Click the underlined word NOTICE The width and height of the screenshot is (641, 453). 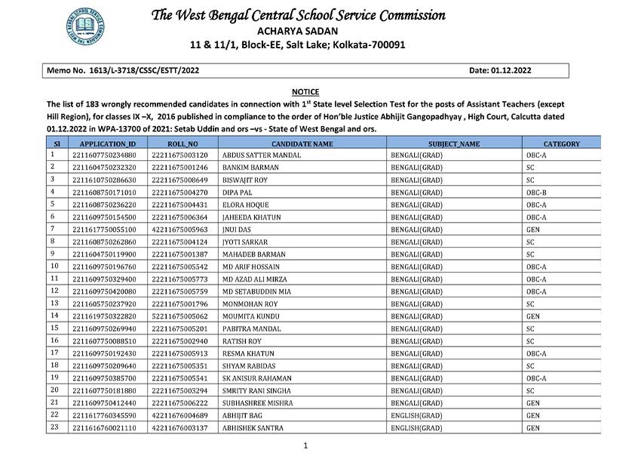(305, 91)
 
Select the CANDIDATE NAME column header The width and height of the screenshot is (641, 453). (302, 143)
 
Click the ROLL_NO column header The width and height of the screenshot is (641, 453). (182, 143)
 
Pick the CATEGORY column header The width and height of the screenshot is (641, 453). (561, 143)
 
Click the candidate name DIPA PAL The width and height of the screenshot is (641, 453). (239, 193)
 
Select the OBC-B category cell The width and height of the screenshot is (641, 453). (536, 193)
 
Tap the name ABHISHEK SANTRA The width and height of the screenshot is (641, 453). (253, 428)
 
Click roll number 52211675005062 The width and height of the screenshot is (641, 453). (179, 316)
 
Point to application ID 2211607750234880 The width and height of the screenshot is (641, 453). (104, 155)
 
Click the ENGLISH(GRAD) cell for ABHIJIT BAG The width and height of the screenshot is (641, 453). (416, 415)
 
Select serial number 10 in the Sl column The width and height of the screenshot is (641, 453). (54, 267)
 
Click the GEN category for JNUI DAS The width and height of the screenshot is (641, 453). (532, 229)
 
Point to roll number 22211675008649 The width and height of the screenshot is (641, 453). (179, 180)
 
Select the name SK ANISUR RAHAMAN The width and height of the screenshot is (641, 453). (257, 377)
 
